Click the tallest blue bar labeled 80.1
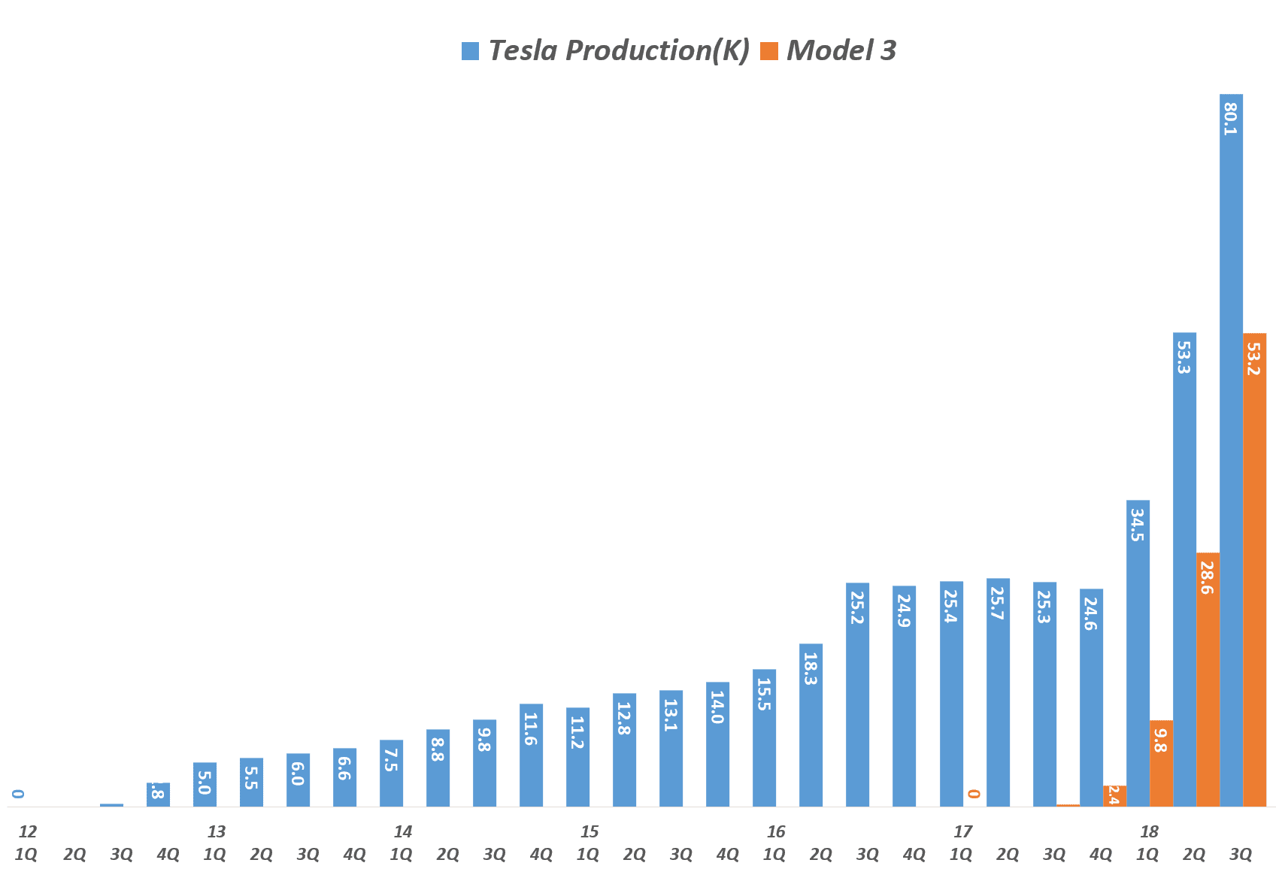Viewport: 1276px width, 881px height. (x=1231, y=451)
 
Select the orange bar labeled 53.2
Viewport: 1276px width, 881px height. (x=1254, y=571)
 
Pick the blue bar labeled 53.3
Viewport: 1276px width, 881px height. (x=1184, y=571)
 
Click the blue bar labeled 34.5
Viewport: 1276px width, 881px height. (x=1138, y=654)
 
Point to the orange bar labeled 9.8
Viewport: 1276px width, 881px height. (x=1161, y=764)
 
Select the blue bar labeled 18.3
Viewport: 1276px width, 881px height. (x=811, y=725)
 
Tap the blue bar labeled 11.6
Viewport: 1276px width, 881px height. (x=531, y=755)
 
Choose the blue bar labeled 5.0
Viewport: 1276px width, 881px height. (x=205, y=785)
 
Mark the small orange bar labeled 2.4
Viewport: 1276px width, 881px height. (x=1114, y=796)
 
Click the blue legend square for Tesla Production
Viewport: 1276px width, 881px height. (x=471, y=51)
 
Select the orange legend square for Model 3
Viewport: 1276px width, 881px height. (x=769, y=51)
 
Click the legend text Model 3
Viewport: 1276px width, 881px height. (x=841, y=50)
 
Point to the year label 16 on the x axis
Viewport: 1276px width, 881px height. (x=776, y=832)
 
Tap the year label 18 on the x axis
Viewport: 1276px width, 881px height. (x=1149, y=832)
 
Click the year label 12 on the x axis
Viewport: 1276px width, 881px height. (x=28, y=832)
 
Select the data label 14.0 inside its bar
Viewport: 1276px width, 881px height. (x=718, y=707)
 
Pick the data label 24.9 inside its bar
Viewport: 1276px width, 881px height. (x=905, y=611)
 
